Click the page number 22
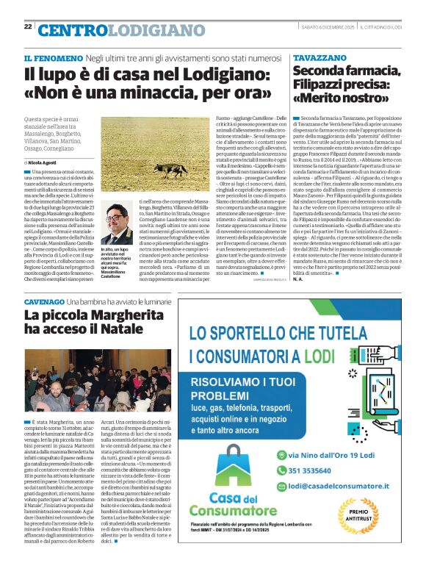28,26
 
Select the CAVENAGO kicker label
43,303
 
